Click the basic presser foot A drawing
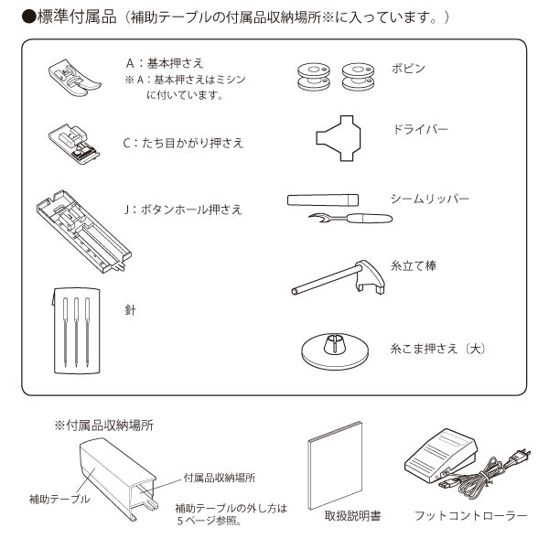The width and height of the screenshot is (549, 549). [x=74, y=77]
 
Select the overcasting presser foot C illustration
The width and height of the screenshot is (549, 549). [x=73, y=144]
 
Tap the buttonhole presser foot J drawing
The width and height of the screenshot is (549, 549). [x=83, y=231]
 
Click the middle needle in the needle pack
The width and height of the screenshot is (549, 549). [x=76, y=332]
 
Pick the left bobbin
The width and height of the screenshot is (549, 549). [x=314, y=77]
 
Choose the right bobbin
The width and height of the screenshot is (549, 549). [x=358, y=77]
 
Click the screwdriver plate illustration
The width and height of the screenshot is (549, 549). [x=339, y=138]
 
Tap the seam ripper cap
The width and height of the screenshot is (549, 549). [x=323, y=199]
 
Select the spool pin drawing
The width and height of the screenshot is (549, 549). [x=338, y=277]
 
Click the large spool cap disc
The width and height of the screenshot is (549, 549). [x=335, y=351]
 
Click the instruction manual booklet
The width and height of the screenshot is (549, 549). [x=335, y=466]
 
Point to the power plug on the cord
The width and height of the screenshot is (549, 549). [x=522, y=456]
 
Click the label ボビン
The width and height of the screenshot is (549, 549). [x=408, y=69]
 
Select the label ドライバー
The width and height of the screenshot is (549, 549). [x=421, y=130]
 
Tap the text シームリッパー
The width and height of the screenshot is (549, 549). [x=430, y=199]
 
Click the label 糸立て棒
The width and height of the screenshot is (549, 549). [x=414, y=266]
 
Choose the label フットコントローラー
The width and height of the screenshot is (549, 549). [x=471, y=516]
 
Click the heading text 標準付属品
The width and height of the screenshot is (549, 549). [x=76, y=16]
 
